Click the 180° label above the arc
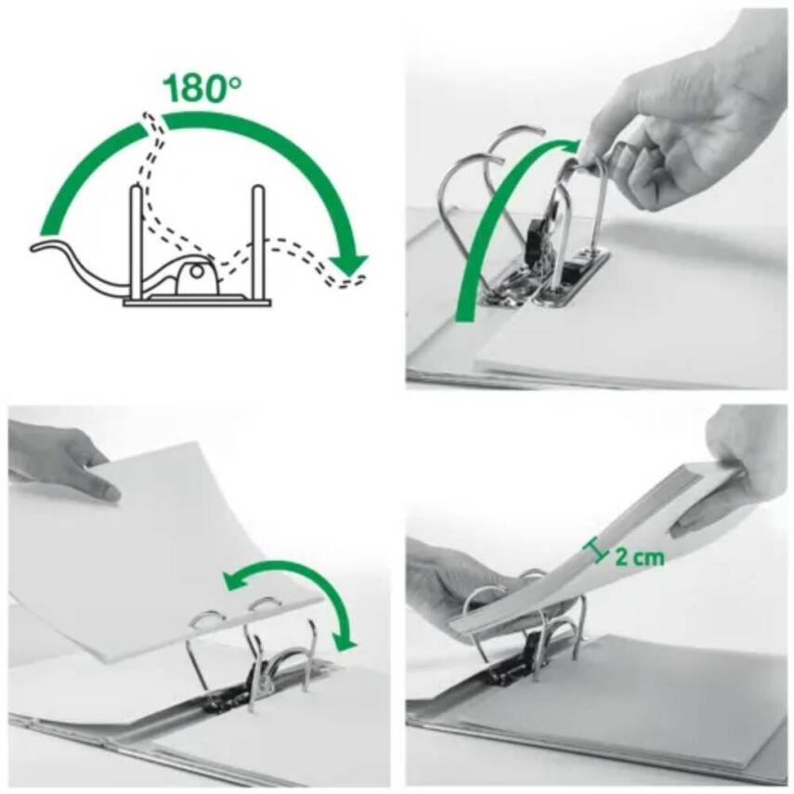coord(202,89)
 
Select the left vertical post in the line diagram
coord(136,241)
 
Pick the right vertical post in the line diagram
coord(257,241)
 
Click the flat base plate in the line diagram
coord(197,301)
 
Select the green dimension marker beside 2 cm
coord(595,553)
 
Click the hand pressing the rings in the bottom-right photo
coord(455,585)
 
